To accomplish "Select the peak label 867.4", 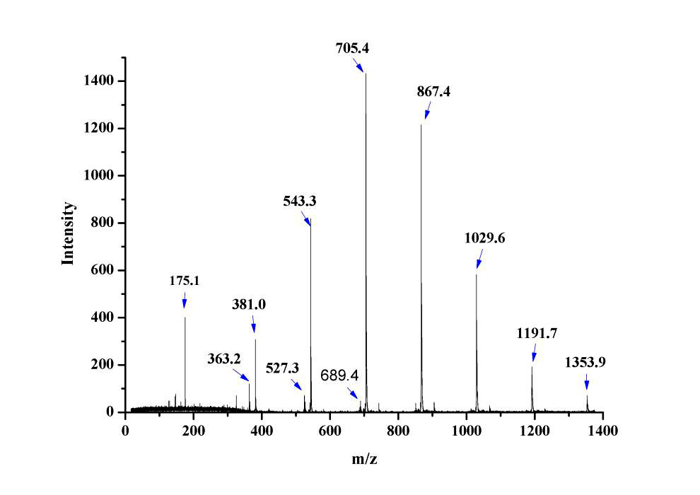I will click(433, 93).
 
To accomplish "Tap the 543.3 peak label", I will click(299, 202).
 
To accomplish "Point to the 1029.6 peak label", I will click(484, 238).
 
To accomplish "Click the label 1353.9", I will click(585, 363).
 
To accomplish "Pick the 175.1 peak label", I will click(185, 281).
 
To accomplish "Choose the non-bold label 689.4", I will click(339, 375).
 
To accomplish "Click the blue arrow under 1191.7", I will click(534, 353).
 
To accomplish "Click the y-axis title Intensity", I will click(68, 234).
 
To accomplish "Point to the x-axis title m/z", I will click(365, 460).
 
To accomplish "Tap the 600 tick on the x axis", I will click(330, 429).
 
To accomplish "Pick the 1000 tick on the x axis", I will click(467, 429).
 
